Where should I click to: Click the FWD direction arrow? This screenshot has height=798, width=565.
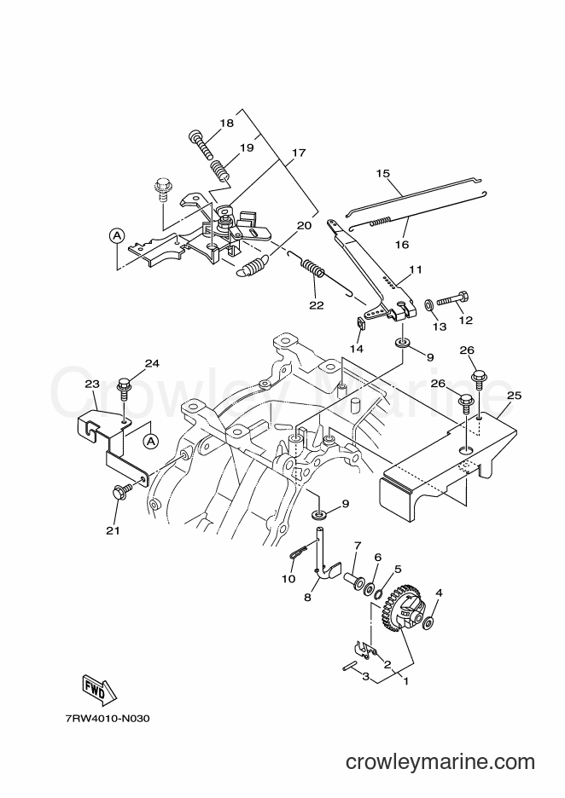click(x=98, y=691)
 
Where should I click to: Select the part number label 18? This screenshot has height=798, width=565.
click(x=227, y=123)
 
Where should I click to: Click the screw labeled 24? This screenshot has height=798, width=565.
click(x=125, y=391)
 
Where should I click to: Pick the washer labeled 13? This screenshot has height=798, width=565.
click(x=429, y=304)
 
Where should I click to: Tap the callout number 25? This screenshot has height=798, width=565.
click(x=515, y=396)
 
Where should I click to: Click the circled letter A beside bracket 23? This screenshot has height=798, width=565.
click(x=151, y=441)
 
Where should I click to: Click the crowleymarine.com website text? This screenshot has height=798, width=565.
click(x=440, y=762)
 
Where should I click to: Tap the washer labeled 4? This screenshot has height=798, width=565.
click(x=429, y=622)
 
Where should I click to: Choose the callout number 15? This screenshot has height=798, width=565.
click(x=383, y=174)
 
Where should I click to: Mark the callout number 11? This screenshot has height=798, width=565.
click(x=416, y=269)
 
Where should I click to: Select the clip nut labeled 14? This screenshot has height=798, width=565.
click(x=359, y=322)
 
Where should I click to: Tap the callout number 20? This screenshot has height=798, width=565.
click(x=304, y=225)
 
